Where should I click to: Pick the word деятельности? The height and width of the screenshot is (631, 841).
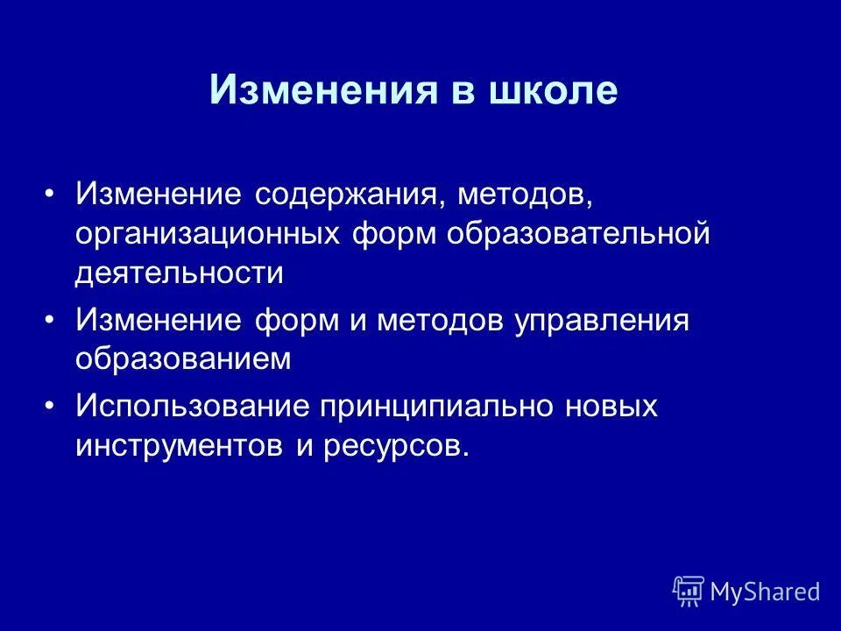[180, 273]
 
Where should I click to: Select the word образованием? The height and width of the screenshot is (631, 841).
[182, 359]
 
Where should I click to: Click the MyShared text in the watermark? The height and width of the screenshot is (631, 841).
[765, 592]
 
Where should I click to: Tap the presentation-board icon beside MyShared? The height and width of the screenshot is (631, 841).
[689, 591]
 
